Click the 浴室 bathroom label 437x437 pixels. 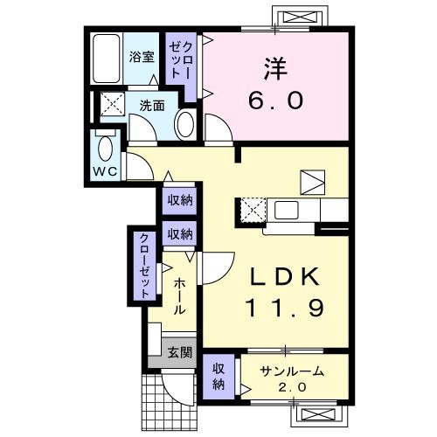[142, 59]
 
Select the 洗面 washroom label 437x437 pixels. [152, 107]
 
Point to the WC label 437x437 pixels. [105, 171]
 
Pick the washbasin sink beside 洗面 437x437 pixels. [185, 124]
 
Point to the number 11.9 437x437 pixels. [275, 309]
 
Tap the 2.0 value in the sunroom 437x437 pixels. [292, 387]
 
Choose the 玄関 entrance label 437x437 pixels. [179, 352]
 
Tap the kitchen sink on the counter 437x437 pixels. [287, 211]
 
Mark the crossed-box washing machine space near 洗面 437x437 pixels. [112, 105]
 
